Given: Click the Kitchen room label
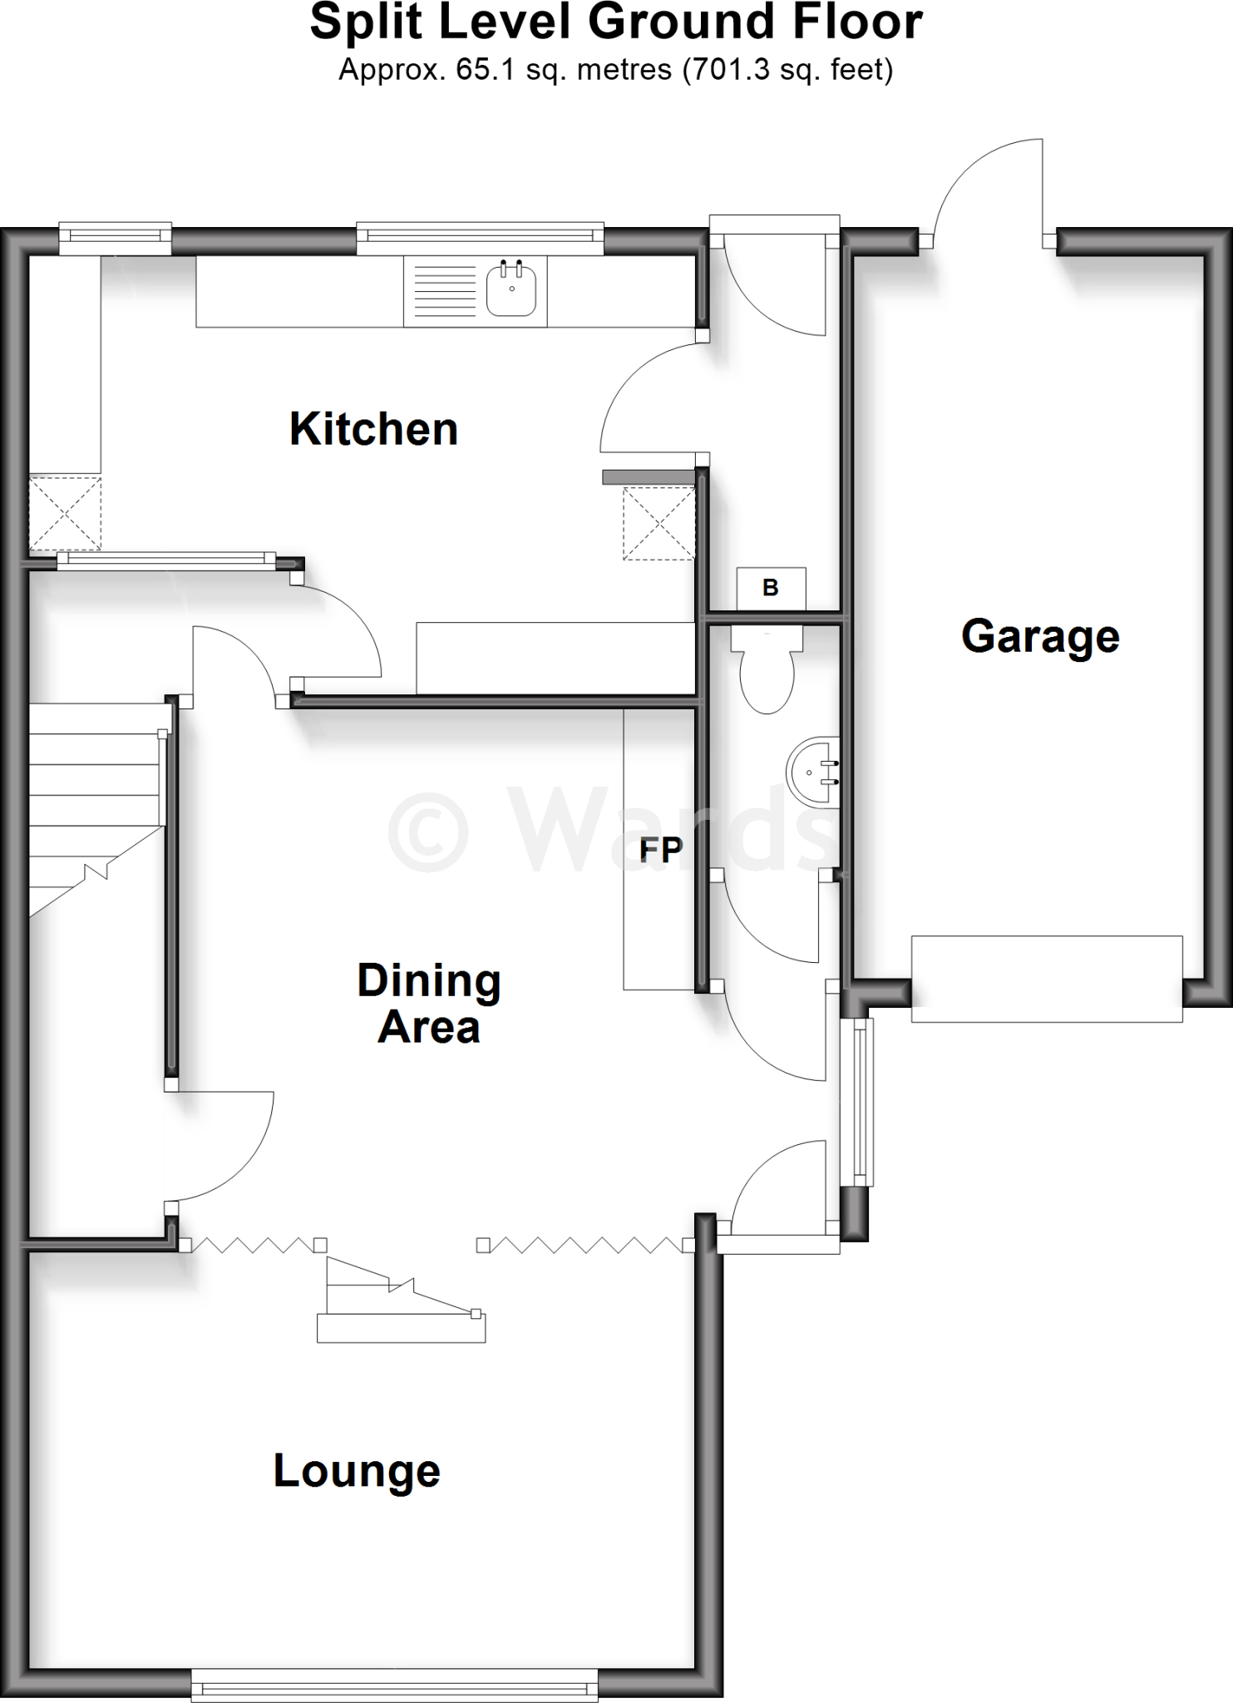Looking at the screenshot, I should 373,429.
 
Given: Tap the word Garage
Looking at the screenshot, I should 1040,636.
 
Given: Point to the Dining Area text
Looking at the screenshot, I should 429,1003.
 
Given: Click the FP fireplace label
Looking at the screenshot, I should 660,849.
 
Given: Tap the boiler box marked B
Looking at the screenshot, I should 771,588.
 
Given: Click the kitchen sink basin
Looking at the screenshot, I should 511,289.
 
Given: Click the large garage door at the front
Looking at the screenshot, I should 1047,978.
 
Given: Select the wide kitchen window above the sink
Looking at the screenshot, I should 480,238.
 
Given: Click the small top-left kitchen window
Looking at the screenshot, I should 115,238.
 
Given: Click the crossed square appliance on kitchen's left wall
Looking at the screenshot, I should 65,513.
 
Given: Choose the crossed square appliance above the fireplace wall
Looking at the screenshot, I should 658,523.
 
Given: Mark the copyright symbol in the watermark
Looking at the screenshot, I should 429,831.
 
